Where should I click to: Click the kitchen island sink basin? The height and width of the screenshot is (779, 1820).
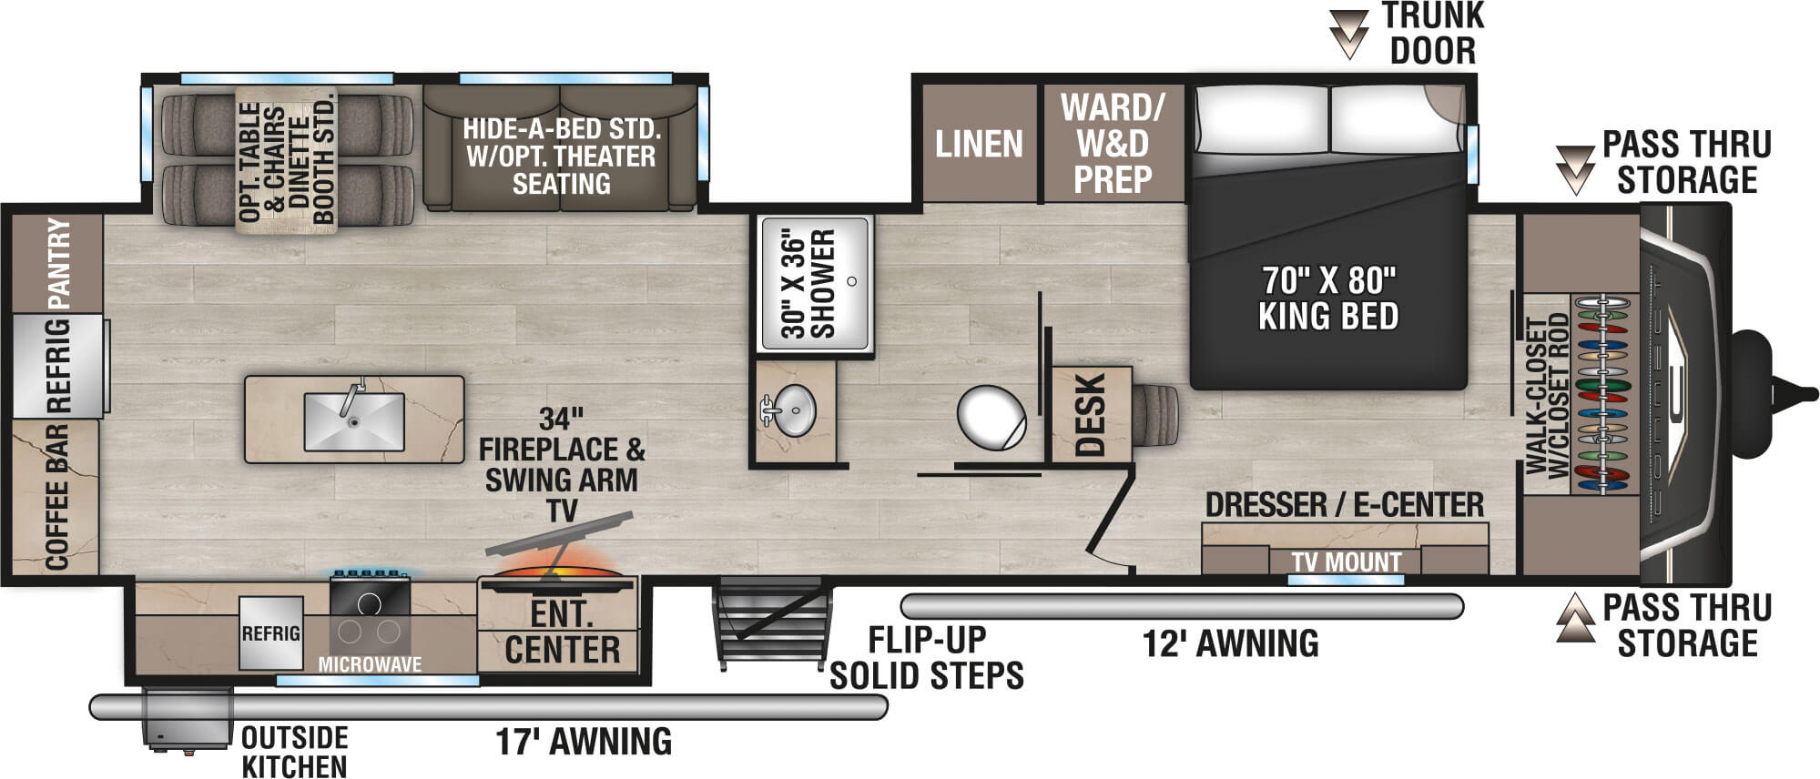(x=353, y=421)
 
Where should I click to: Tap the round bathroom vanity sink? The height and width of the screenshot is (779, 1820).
(x=795, y=410)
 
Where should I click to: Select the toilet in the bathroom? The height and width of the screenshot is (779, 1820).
(x=991, y=418)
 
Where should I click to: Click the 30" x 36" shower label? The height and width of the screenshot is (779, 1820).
(x=808, y=283)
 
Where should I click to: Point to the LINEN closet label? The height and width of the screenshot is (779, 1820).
(x=979, y=144)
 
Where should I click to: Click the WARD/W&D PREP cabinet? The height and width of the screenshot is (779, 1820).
(x=1112, y=144)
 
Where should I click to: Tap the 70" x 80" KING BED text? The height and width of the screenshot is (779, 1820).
(x=1327, y=298)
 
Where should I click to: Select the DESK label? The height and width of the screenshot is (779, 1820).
(x=1090, y=414)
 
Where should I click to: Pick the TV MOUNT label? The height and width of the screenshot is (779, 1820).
(x=1346, y=562)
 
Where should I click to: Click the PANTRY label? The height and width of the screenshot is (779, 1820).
(x=57, y=262)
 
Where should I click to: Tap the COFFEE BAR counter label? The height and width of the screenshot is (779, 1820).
(x=56, y=496)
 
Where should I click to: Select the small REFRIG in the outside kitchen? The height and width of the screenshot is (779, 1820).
(x=270, y=633)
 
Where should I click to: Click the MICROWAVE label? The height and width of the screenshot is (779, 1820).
(x=370, y=664)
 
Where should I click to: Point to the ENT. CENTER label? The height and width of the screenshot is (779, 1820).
(x=562, y=632)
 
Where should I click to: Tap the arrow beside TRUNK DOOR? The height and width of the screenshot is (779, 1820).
(x=1348, y=35)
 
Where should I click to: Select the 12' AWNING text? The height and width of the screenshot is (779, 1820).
(x=1230, y=643)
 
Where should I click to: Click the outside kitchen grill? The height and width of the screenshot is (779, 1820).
(x=188, y=719)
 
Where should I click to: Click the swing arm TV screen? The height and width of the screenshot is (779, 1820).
(x=558, y=534)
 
